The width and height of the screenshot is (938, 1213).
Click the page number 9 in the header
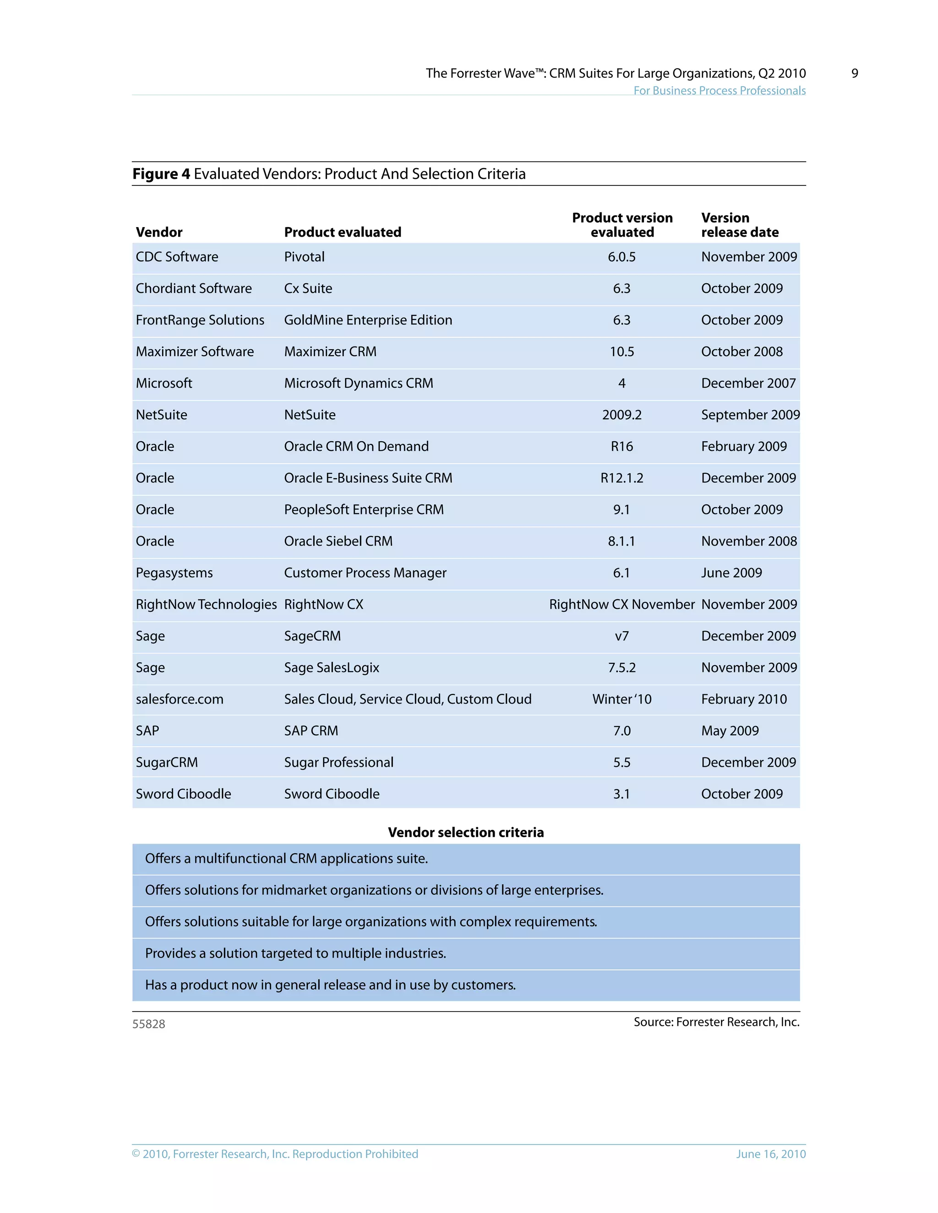point(854,73)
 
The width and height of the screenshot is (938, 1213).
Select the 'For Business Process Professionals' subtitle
point(719,91)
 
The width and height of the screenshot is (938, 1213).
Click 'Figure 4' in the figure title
point(161,174)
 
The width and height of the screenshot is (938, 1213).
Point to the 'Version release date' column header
point(739,225)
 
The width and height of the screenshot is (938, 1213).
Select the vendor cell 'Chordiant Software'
point(193,288)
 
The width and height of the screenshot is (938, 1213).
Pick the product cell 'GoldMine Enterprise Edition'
point(368,320)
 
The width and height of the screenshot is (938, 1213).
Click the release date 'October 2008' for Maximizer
point(742,352)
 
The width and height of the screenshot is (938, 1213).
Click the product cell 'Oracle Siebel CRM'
point(338,541)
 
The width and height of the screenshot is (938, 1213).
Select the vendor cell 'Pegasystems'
point(174,573)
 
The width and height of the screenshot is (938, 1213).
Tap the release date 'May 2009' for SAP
point(730,731)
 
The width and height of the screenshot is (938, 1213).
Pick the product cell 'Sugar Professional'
point(338,763)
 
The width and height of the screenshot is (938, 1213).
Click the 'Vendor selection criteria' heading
point(466,832)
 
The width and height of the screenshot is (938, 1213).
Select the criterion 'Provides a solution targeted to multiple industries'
point(295,953)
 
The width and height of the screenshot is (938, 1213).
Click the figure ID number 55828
point(148,1023)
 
